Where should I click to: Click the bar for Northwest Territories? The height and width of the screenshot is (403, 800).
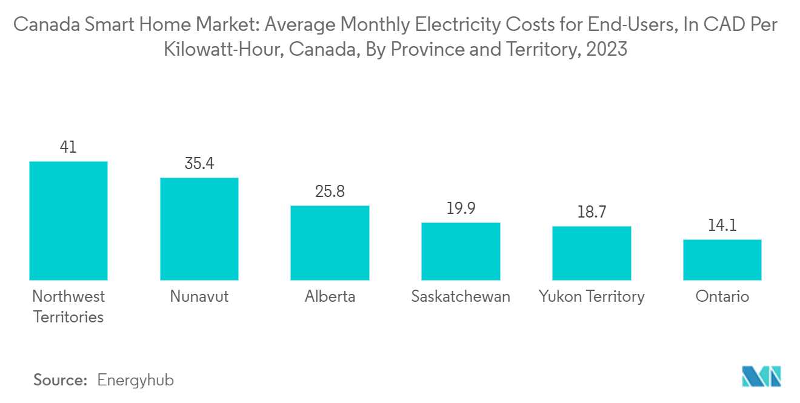pos(68,221)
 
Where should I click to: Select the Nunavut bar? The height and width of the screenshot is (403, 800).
pos(199,228)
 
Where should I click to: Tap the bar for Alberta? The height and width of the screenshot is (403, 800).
pos(330,242)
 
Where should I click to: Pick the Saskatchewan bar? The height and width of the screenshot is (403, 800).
pos(461,251)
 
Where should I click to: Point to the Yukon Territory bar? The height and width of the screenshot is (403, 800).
pos(592,253)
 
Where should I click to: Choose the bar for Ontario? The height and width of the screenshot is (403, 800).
pos(722,259)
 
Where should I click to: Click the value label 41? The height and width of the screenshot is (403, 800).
pos(68,147)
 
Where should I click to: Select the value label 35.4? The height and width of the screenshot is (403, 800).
pos(199,164)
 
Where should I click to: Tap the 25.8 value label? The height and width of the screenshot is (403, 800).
pos(330,192)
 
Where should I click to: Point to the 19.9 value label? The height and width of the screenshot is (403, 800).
pos(461,208)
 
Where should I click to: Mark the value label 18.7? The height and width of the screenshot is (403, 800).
pos(592,212)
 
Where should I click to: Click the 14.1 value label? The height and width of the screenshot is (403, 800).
pos(722,225)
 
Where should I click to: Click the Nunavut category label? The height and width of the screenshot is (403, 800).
pos(199,296)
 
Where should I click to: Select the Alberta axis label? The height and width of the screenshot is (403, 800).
pos(330,296)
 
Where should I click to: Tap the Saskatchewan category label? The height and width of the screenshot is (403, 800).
pos(461,296)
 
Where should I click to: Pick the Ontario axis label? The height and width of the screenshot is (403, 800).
pos(722,296)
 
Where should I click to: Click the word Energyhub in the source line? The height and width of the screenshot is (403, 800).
pos(135,380)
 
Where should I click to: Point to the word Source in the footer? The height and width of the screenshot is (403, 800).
pos(60,380)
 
